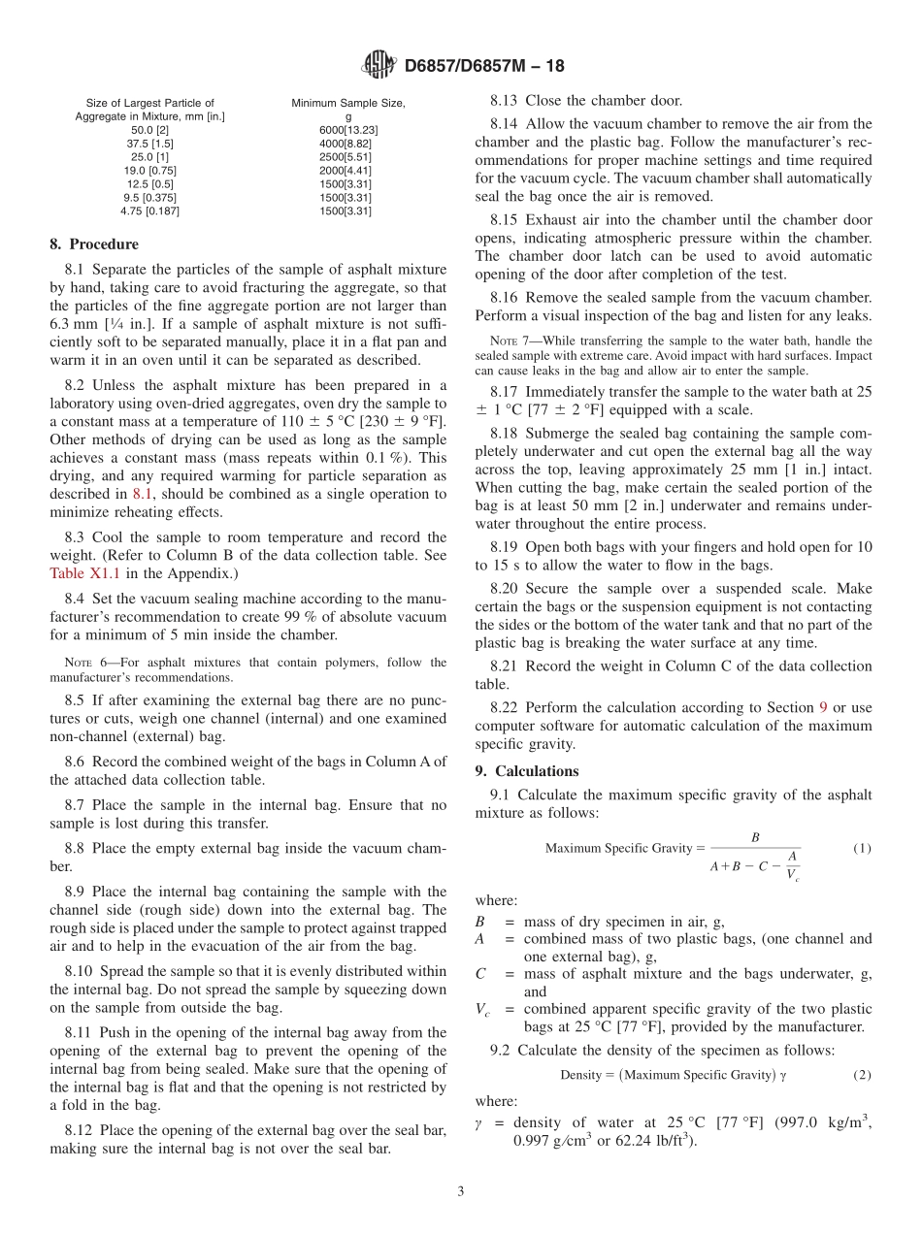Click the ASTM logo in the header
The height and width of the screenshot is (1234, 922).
(379, 66)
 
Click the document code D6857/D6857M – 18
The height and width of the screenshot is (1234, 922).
(483, 67)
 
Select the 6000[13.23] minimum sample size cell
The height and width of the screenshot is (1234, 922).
(348, 130)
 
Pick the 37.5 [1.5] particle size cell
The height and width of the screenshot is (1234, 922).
(150, 144)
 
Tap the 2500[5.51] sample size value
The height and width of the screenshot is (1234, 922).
(348, 157)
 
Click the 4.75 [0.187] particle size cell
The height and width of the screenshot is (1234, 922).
(150, 211)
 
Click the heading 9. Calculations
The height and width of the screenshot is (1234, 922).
(526, 771)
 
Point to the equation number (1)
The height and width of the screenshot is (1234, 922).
(862, 848)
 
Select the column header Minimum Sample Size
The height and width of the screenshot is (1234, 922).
(348, 103)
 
